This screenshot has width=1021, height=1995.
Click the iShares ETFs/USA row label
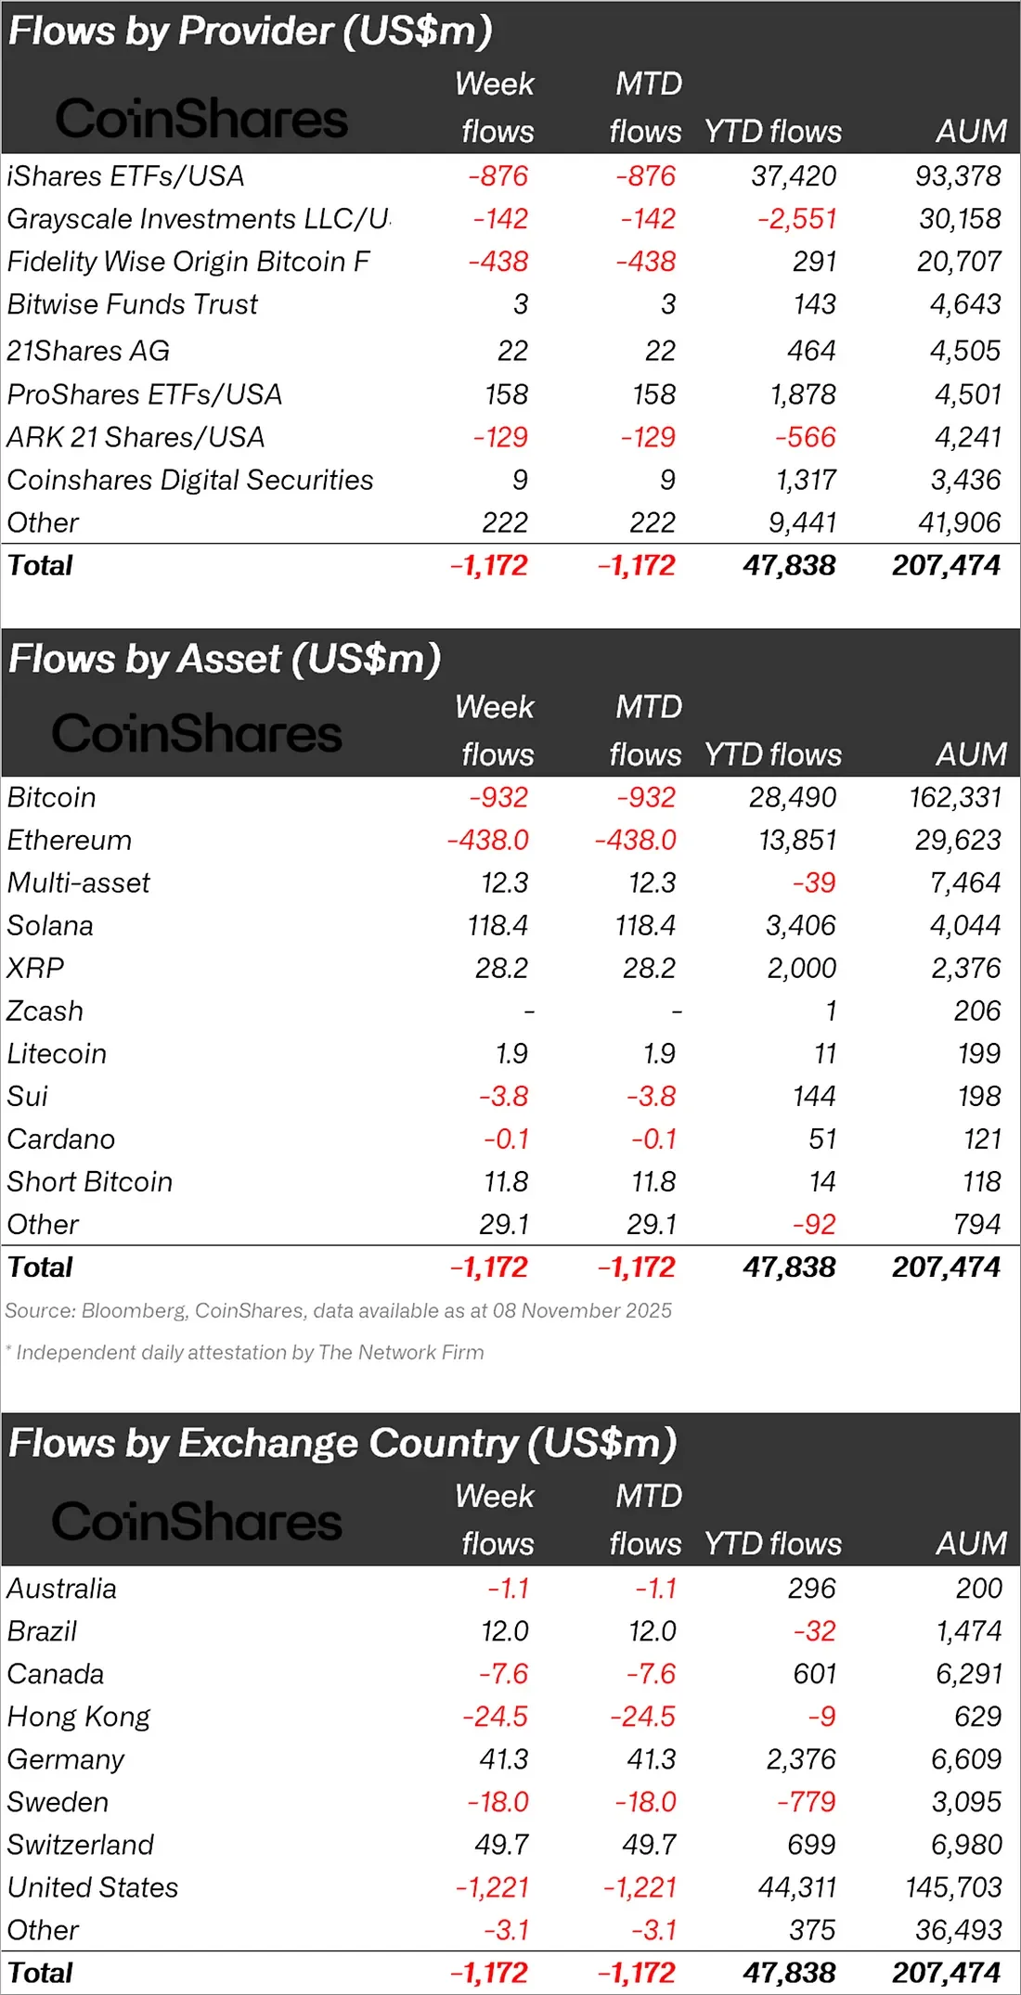tap(125, 176)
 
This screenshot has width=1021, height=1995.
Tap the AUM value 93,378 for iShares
tap(958, 176)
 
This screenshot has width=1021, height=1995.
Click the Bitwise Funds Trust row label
tap(132, 304)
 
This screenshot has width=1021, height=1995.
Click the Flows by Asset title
tap(224, 659)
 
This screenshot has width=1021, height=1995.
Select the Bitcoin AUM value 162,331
tap(955, 797)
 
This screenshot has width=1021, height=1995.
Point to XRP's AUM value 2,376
tap(965, 968)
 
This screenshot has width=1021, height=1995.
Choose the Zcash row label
tap(45, 1010)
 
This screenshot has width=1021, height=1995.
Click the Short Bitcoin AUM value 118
tap(981, 1181)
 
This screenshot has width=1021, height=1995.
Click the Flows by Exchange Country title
tap(342, 1444)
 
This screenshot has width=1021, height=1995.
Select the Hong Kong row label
tap(79, 1717)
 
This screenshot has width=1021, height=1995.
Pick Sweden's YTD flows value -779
tap(806, 1802)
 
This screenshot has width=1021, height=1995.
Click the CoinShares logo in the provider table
tap(201, 119)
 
